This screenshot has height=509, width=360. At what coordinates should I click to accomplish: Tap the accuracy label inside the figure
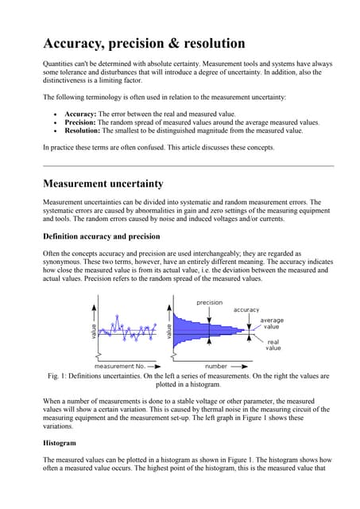tap(246, 309)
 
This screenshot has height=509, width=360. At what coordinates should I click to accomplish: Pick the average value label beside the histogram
tap(272, 324)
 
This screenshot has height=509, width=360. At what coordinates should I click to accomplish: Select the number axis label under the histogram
tap(217, 366)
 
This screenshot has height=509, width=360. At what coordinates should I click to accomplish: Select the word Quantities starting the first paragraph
tap(60, 63)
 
